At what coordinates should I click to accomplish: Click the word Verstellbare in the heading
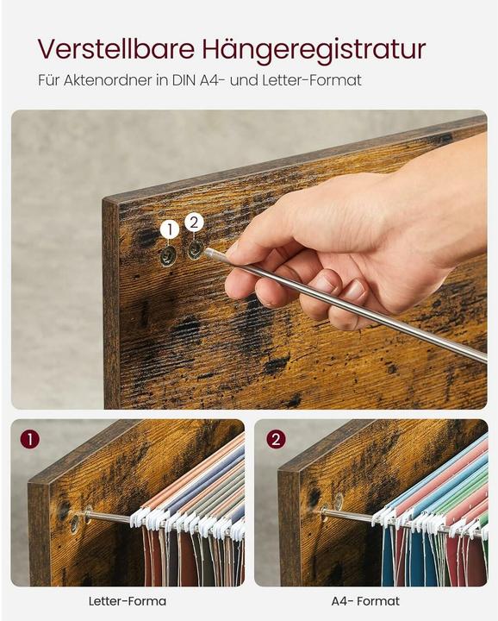[116, 48]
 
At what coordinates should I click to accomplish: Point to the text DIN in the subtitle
[184, 80]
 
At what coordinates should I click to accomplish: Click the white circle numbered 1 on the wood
[170, 229]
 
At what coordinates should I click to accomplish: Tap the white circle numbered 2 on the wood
[194, 223]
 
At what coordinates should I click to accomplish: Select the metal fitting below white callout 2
[194, 249]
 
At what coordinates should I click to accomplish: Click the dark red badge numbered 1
[30, 439]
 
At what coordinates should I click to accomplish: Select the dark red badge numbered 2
[276, 439]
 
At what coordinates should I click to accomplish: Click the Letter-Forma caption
[128, 601]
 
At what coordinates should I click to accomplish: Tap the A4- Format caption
[365, 601]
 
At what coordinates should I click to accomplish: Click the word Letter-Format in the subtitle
[312, 80]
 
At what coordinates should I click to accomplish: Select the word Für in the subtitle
[49, 80]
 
